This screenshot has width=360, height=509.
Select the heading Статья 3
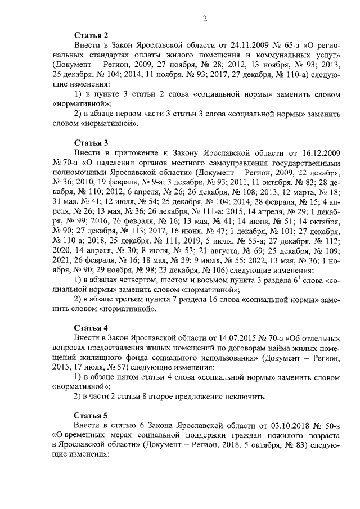(91, 142)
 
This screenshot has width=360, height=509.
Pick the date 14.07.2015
(235, 338)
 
